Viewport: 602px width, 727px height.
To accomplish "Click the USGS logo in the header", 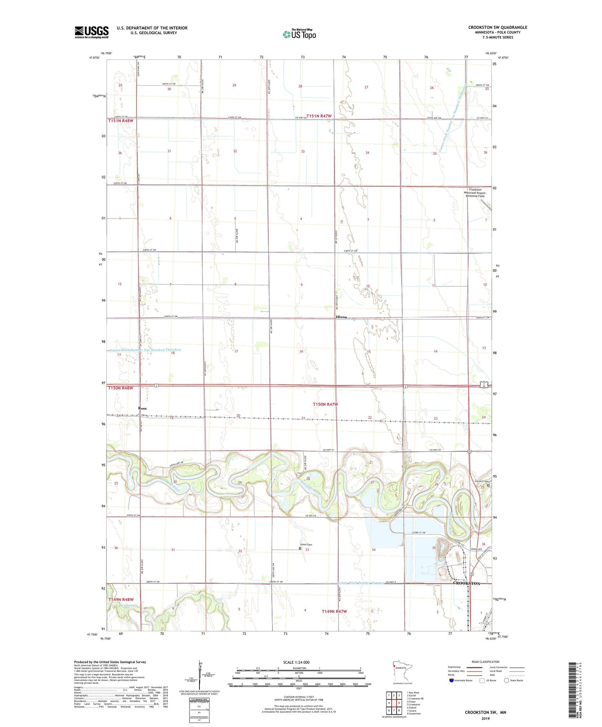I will coord(92,32).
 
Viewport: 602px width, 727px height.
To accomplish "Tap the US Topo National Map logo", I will coord(299,34).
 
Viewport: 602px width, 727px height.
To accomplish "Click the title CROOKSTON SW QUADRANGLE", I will coord(498,27).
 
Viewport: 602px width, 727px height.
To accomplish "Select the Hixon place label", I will coord(341,317).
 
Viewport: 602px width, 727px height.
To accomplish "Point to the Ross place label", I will coord(142,408).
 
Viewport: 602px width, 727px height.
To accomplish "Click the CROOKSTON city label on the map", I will coord(466,583).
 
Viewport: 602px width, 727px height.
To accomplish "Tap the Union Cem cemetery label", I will coord(306,545).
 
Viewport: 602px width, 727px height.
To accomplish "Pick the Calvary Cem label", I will coord(482,481).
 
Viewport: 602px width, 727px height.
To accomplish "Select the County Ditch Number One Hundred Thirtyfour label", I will coord(145,350).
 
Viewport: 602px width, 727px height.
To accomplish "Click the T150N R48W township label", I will coord(120,388).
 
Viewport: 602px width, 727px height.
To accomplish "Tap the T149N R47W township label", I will coord(334,612).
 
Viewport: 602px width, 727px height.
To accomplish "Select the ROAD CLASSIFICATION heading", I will coord(486,662).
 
